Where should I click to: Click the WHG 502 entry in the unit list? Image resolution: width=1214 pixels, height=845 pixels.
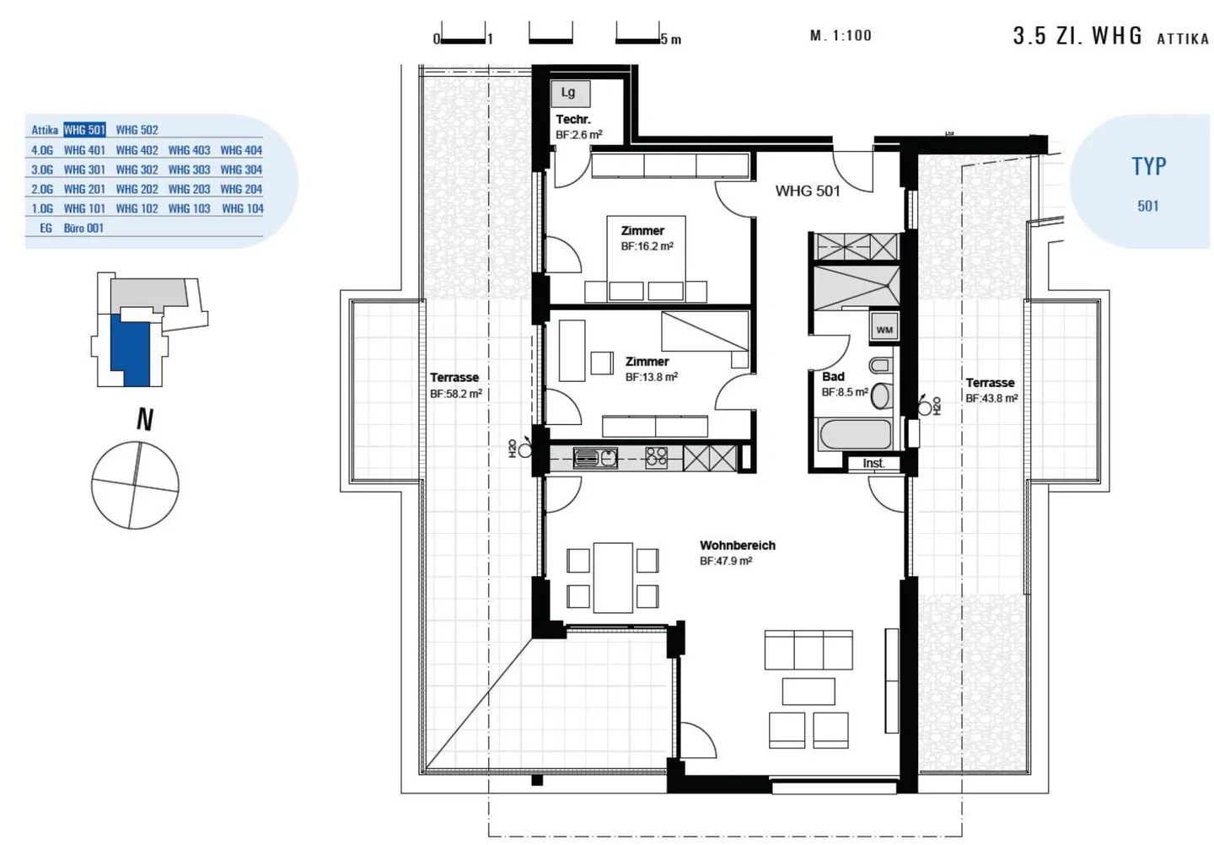click(137, 130)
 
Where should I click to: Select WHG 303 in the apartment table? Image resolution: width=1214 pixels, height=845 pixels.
click(189, 170)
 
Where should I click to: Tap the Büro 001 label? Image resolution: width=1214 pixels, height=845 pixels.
click(83, 229)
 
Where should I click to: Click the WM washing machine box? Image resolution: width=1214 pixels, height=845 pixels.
click(884, 328)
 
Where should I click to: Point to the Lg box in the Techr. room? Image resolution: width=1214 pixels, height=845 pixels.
click(570, 94)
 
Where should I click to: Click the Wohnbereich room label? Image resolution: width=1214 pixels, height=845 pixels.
click(737, 546)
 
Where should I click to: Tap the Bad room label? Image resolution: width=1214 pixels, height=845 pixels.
click(833, 377)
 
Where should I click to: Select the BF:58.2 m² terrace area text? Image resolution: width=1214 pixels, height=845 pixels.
click(456, 394)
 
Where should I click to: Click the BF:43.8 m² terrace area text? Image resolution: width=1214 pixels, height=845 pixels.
click(991, 398)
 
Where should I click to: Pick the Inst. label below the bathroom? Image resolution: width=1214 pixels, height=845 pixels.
click(873, 464)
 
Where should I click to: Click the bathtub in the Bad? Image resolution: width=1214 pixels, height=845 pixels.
click(856, 434)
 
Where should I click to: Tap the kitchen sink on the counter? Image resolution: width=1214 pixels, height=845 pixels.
click(595, 459)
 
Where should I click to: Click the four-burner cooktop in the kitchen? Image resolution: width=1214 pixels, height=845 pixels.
click(656, 458)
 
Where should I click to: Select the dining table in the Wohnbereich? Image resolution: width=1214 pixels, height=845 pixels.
click(613, 578)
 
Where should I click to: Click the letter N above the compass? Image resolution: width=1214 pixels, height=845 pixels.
click(145, 419)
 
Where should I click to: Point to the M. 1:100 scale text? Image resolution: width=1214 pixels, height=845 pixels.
click(841, 35)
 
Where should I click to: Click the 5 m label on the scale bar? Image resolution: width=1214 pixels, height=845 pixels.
click(671, 40)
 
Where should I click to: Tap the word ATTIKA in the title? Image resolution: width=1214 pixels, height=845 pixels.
click(1183, 39)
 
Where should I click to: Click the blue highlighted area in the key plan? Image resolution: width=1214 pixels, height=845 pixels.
click(130, 350)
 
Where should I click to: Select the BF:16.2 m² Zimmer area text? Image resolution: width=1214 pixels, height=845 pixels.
click(647, 246)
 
